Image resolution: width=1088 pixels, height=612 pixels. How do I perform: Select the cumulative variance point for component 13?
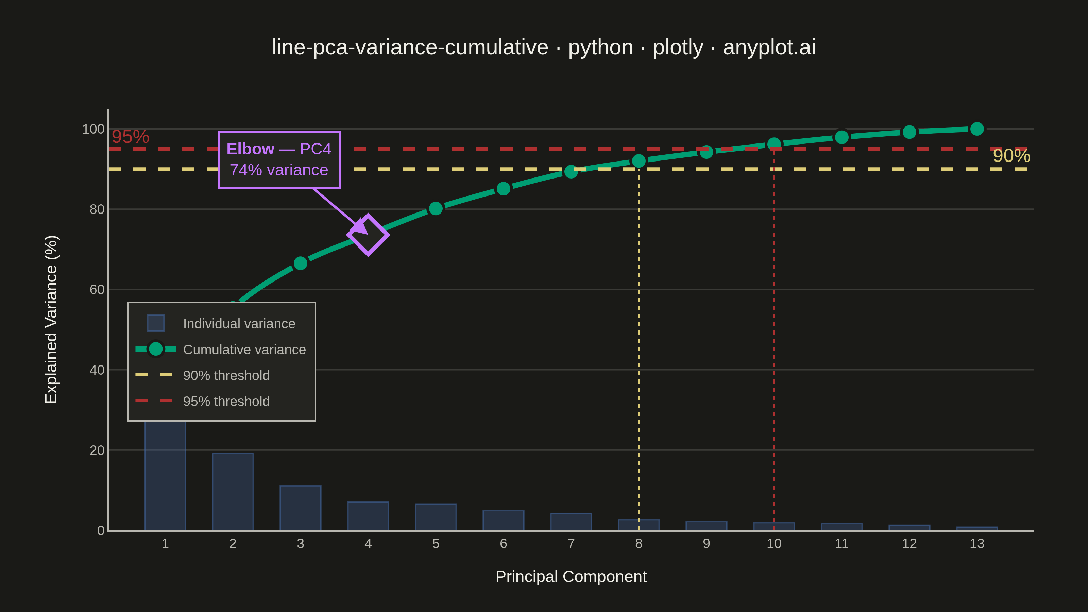point(977,129)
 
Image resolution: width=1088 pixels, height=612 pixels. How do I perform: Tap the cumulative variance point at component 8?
point(639,161)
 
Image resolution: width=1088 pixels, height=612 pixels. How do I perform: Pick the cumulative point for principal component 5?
point(436,209)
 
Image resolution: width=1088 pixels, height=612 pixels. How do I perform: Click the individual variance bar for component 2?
point(233,492)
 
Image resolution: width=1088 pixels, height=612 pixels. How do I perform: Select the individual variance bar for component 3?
point(300,508)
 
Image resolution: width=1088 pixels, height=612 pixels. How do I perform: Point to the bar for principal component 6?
point(504,520)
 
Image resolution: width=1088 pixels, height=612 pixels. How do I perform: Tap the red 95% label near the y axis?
point(130,136)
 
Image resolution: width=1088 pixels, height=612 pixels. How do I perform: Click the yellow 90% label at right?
point(1011,156)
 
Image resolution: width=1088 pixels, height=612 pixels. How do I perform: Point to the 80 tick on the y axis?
point(97,209)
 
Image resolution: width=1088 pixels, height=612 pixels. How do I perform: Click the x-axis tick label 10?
point(774,544)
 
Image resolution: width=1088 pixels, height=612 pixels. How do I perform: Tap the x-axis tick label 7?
point(571,544)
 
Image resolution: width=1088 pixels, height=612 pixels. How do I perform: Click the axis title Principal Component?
point(571,577)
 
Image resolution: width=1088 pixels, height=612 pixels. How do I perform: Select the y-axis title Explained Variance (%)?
point(51,319)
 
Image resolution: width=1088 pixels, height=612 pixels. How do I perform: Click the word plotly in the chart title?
point(678,47)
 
